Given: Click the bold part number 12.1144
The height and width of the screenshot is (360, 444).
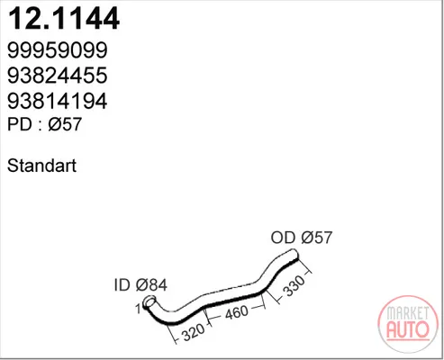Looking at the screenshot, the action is [x=64, y=18].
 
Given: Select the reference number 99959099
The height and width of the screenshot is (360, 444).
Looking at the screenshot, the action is [x=58, y=50].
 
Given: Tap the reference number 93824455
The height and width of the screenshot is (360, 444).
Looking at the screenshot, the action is [x=58, y=76].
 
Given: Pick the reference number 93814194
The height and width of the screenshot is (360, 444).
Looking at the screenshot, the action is [x=58, y=101].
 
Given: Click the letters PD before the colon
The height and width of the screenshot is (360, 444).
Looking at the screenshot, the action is [x=20, y=124].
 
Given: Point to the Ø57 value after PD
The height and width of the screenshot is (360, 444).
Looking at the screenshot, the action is [x=65, y=124].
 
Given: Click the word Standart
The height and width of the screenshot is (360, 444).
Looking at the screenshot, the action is [x=41, y=166].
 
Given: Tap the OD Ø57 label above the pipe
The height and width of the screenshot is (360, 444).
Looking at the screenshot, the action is [x=302, y=238].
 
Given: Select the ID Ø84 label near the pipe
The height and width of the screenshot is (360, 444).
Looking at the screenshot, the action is [x=140, y=284].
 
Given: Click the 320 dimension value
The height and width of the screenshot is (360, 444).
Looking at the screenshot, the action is [x=194, y=331].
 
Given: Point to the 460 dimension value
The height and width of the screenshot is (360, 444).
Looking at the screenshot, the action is [x=237, y=312].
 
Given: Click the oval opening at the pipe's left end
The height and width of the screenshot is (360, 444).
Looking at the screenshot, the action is [x=150, y=301].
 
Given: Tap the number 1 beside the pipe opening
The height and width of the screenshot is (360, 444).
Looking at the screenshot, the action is [x=138, y=309].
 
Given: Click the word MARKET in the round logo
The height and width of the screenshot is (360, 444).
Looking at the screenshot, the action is [x=407, y=313].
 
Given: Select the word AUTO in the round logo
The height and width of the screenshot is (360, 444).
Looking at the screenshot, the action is [x=408, y=329].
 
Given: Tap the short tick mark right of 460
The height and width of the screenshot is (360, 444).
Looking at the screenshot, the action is [x=257, y=308].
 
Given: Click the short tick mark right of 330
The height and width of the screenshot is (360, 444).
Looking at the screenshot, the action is [x=308, y=273].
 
